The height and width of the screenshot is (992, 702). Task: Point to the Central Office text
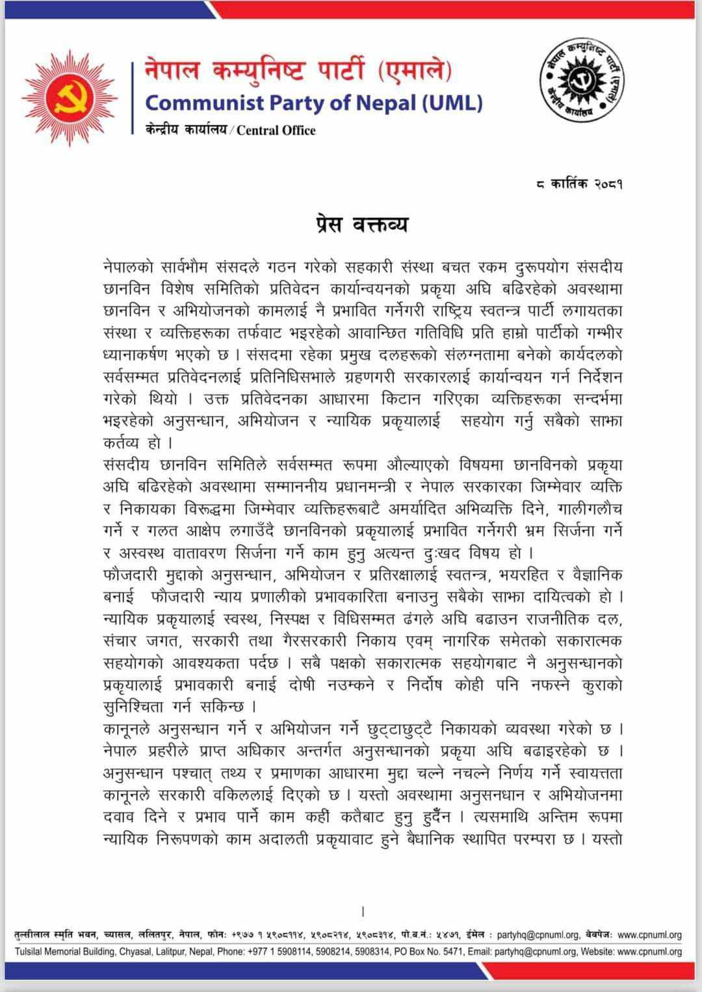click(x=276, y=130)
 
